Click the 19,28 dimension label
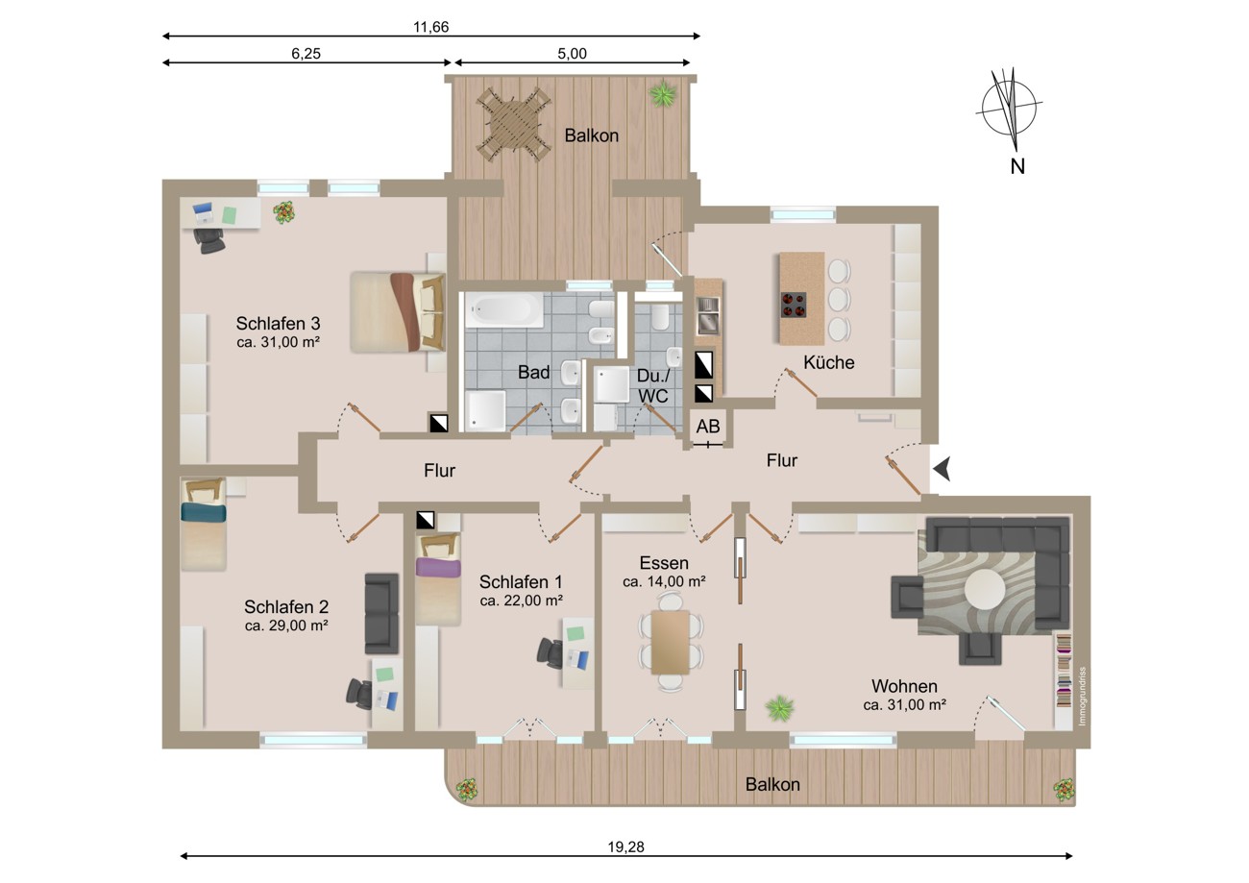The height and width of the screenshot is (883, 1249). (625, 847)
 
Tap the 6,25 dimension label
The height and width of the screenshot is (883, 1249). (306, 54)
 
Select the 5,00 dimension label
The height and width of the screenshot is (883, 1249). (572, 54)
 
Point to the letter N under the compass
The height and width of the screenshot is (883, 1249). (1017, 166)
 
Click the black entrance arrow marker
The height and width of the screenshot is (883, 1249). (942, 470)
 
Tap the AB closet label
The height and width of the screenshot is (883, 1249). (707, 427)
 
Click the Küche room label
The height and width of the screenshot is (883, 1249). (828, 362)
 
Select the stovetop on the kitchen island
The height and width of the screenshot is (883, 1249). (793, 305)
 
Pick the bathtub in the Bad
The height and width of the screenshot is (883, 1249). (504, 310)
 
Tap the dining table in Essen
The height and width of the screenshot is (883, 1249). (671, 642)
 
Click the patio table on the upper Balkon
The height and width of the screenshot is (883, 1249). (512, 125)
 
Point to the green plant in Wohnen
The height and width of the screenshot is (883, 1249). (779, 708)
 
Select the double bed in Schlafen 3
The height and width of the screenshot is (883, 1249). (398, 311)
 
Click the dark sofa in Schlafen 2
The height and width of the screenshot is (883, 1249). (381, 613)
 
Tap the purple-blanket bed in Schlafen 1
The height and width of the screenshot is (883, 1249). (438, 579)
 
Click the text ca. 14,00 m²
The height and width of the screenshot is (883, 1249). (664, 581)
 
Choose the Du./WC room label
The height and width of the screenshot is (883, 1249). (653, 385)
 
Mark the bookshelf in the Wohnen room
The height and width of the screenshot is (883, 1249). (1064, 671)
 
